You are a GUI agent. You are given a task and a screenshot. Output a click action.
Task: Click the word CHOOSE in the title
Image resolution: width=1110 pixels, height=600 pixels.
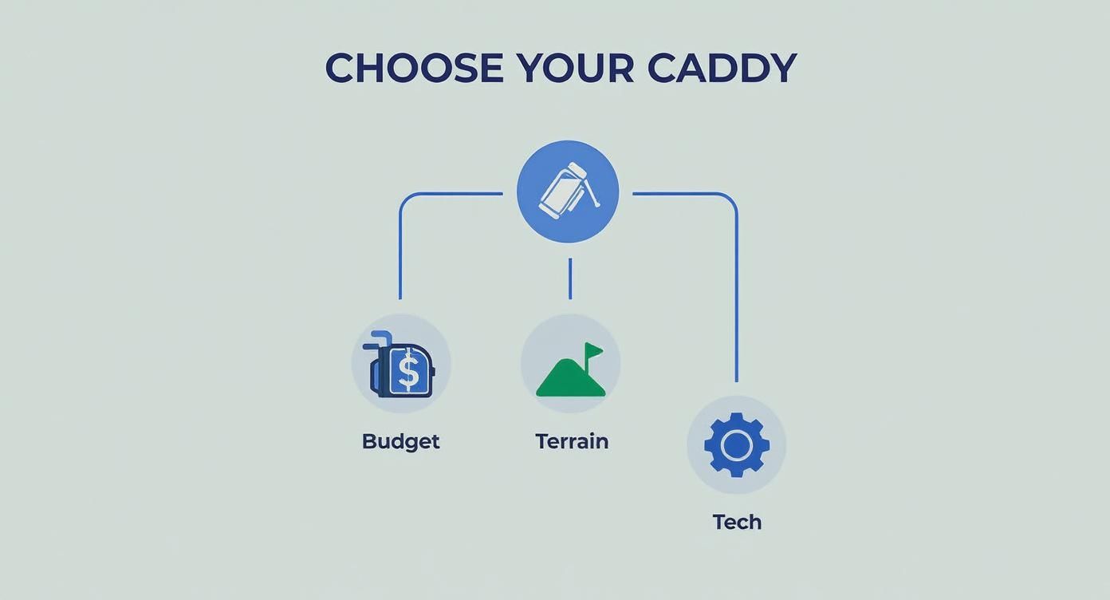(x=414, y=68)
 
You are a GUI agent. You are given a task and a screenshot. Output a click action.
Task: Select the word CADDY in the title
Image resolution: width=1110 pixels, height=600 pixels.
(x=721, y=68)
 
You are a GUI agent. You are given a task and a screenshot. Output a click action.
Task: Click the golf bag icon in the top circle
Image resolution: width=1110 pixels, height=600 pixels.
(x=568, y=191)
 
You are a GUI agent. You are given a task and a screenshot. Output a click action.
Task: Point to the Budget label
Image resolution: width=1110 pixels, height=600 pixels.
(x=400, y=441)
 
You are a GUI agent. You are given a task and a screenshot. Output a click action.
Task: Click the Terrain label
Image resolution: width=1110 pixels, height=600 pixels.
(x=572, y=441)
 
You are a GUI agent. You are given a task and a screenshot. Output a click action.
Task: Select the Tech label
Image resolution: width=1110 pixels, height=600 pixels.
(x=737, y=522)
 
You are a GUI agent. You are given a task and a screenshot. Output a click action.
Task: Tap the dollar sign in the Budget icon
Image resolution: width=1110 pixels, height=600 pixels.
(x=408, y=372)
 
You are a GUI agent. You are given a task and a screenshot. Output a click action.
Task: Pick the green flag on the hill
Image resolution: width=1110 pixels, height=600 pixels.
(x=594, y=350)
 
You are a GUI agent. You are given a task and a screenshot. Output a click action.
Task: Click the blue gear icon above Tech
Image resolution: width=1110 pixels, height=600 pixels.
(x=736, y=445)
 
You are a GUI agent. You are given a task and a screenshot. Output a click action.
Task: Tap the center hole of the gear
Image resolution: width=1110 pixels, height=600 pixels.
(x=736, y=445)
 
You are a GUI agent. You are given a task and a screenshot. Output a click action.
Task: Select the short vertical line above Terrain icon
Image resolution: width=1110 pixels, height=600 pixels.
(x=570, y=278)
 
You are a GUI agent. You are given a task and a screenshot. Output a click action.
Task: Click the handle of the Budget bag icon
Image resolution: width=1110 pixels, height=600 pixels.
(x=379, y=339)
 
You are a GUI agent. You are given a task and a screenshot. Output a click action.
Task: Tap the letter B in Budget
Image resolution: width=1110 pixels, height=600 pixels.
(x=369, y=441)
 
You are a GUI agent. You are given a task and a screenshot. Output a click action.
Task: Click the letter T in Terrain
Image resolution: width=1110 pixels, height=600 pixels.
(x=541, y=441)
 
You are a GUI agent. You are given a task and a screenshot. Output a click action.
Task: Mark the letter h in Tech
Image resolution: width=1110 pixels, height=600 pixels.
(x=754, y=522)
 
